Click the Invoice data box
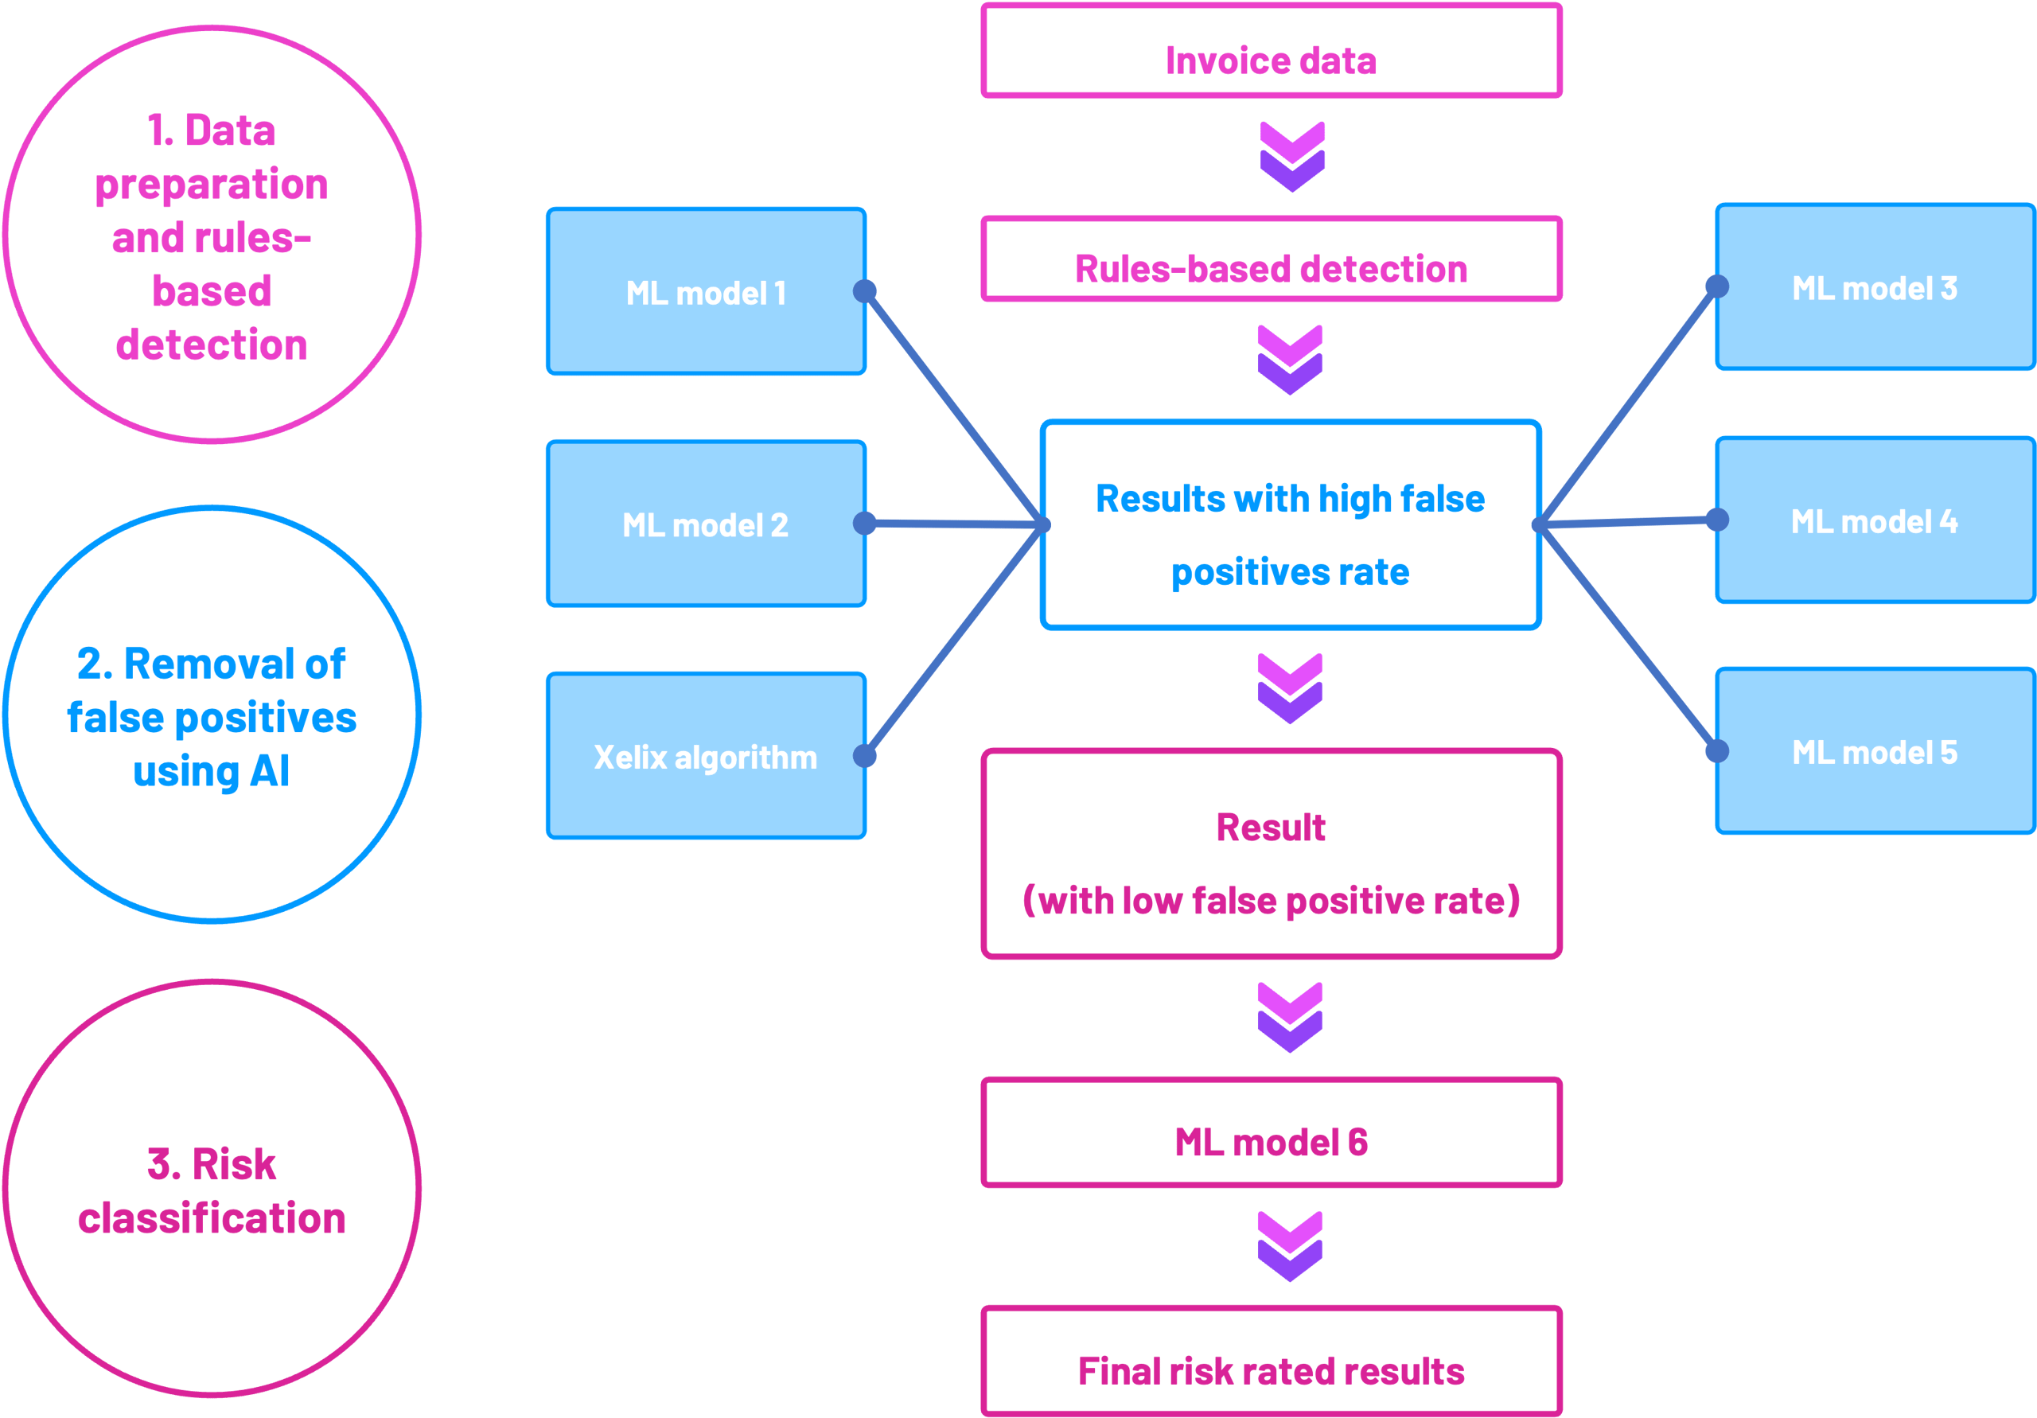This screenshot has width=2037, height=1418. (x=1271, y=52)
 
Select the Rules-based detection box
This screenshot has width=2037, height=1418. (x=1271, y=259)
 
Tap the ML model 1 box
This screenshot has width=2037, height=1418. (x=705, y=292)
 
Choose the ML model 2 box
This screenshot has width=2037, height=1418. (x=705, y=524)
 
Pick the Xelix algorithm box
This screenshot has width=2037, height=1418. (x=705, y=756)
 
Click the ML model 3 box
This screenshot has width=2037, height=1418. (x=1875, y=287)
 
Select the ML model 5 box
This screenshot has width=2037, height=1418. (x=1875, y=752)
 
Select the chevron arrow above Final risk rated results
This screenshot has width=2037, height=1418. (x=1290, y=1247)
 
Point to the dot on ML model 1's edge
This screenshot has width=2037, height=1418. (x=865, y=291)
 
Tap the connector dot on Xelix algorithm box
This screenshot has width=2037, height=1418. (x=865, y=756)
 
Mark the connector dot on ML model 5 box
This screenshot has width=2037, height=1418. (x=1716, y=752)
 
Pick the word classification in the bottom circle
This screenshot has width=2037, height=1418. (x=211, y=1218)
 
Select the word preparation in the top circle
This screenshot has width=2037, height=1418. (x=211, y=185)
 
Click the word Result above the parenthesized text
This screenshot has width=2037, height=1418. (x=1271, y=827)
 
